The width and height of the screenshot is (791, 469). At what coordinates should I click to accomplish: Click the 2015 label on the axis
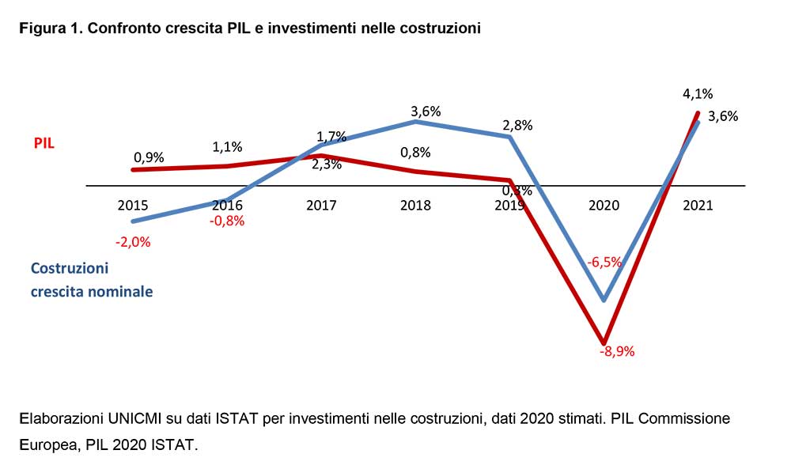pos(132,205)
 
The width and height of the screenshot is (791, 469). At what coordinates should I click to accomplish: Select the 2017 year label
pos(321,205)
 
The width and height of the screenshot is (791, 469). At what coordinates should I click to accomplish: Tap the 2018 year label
pos(415,205)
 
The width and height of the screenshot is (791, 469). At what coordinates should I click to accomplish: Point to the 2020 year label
pos(604,205)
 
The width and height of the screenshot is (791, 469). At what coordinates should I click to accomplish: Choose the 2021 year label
pos(698,205)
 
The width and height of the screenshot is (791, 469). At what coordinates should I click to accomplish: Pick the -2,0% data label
pos(132,241)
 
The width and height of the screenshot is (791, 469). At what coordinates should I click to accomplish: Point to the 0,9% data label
pos(148,157)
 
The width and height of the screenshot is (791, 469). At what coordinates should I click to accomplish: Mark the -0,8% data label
pos(227,221)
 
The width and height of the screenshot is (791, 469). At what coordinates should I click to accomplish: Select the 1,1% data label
pos(227,146)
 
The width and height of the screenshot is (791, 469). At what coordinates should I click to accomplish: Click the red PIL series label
pos(43,143)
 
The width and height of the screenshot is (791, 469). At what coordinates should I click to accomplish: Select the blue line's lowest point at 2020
pos(604,300)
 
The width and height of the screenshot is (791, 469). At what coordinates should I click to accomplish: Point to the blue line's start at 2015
pos(133,221)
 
